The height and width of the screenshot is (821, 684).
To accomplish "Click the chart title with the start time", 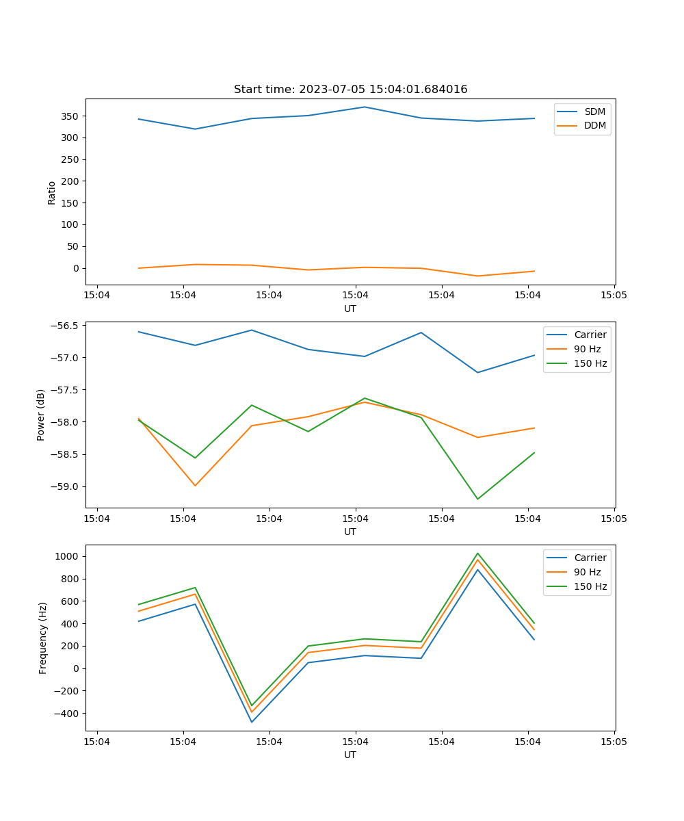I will point(350,90).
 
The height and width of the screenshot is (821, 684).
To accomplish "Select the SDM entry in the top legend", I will point(594,111).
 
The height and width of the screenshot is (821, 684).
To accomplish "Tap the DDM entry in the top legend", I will point(594,125).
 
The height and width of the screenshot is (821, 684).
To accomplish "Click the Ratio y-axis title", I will point(52,192).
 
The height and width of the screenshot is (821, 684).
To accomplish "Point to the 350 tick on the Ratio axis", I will point(70,116).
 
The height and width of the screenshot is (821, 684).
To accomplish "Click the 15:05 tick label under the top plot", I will point(614,296).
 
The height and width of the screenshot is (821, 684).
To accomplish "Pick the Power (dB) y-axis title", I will point(41,415).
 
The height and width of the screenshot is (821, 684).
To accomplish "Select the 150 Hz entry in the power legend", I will point(590,363).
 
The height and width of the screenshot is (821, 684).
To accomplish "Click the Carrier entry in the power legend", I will point(590,335).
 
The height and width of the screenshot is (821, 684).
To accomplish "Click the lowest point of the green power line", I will point(477,499).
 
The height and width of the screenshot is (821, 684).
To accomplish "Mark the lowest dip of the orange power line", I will point(195,486).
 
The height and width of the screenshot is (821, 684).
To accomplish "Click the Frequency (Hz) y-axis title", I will point(43,638).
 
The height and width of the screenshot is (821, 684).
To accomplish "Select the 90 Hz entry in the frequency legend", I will point(590,572).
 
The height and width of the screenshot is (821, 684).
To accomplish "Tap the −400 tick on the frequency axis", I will point(65,714).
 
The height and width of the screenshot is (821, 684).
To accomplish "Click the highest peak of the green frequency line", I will point(477,553).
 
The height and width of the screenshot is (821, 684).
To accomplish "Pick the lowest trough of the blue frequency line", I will point(252,722).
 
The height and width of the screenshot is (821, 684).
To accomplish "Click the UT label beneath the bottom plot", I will point(350,755).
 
